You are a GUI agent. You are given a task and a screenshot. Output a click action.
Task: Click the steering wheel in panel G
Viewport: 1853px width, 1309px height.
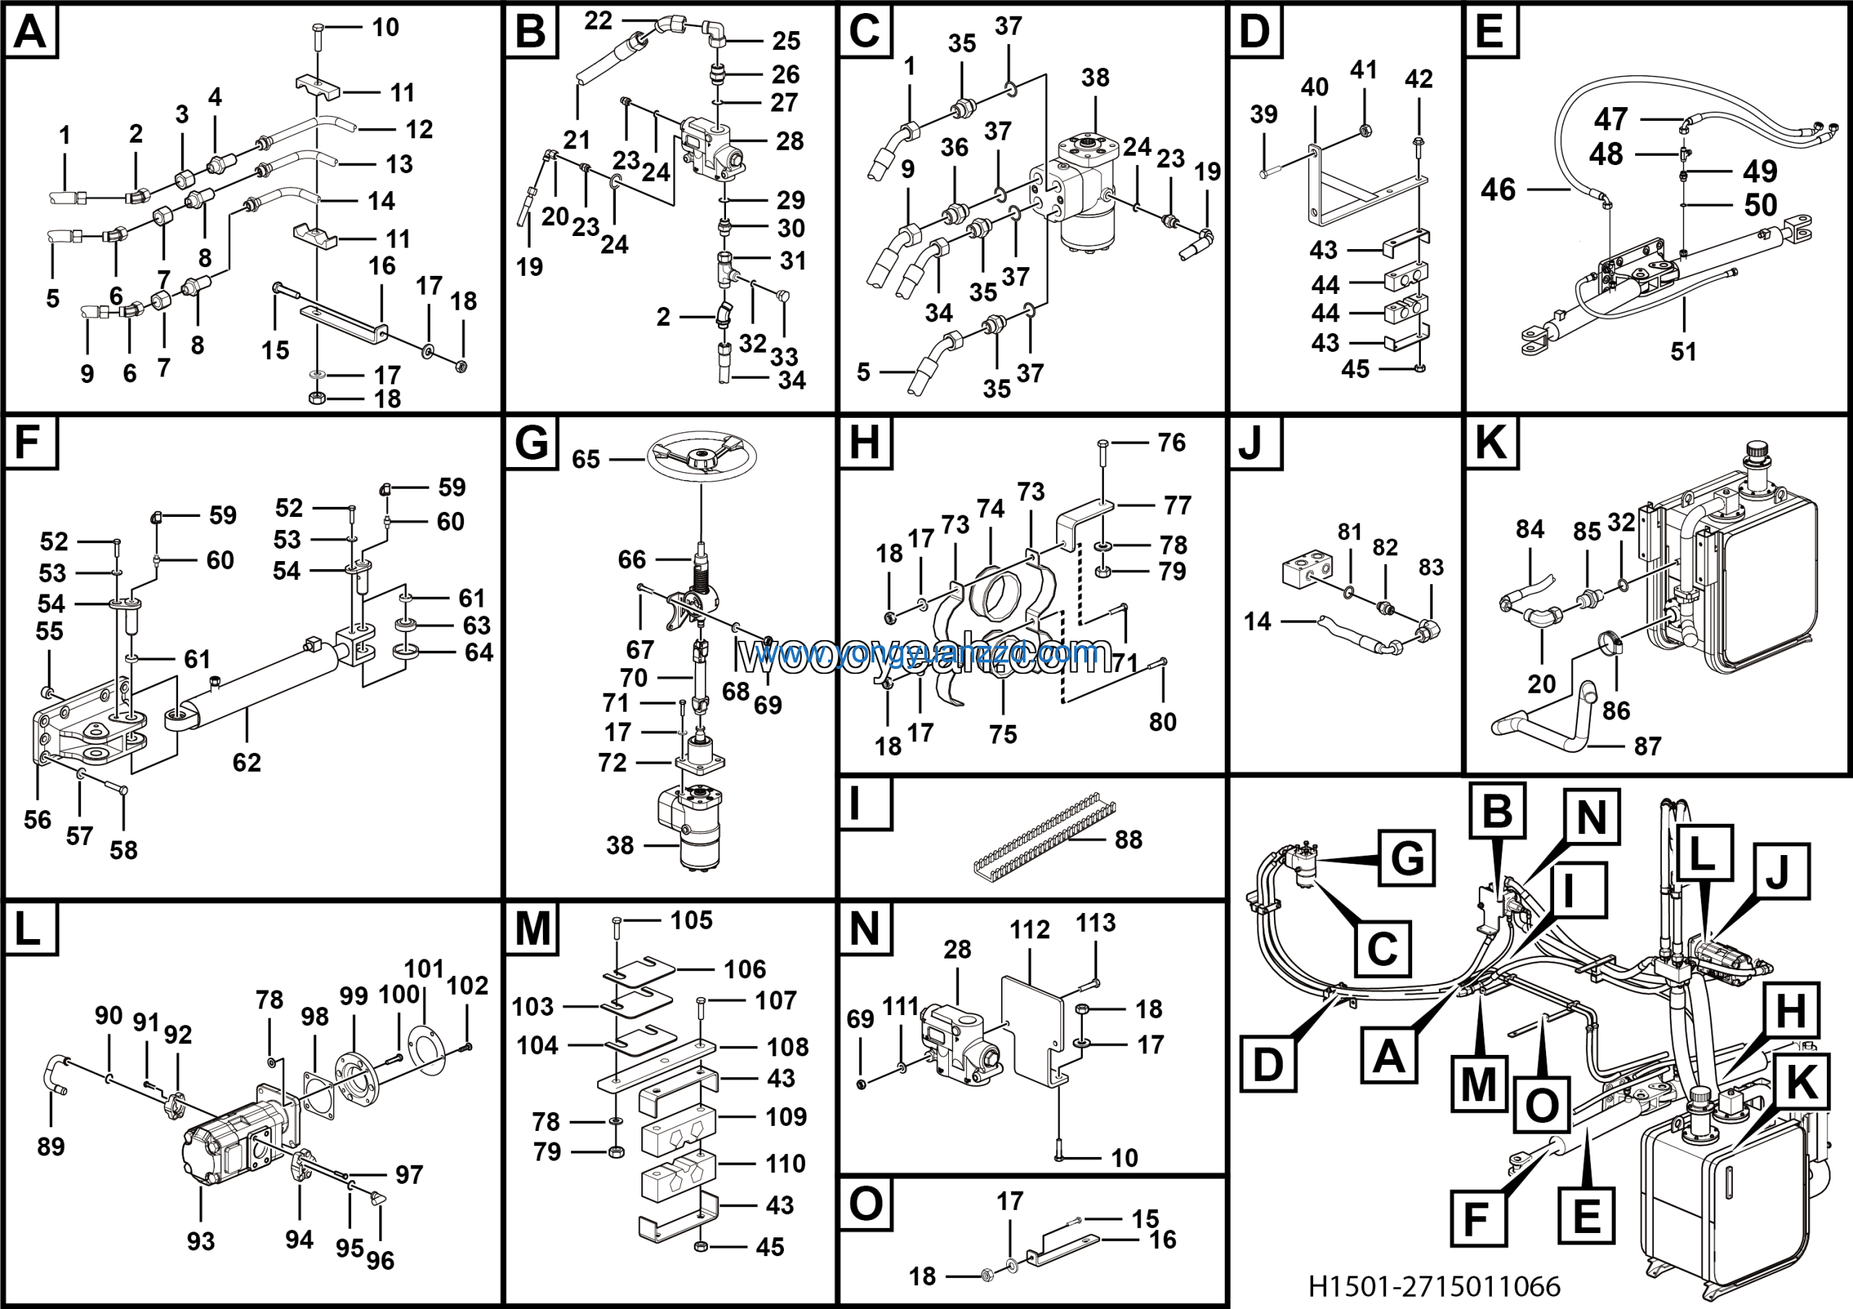701,458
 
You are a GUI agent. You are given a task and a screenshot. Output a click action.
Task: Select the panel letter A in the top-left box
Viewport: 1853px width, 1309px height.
30,33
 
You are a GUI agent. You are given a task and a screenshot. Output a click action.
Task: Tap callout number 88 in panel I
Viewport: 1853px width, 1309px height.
1128,840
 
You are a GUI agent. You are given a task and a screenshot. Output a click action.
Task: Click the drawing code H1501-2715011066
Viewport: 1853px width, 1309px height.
1434,1286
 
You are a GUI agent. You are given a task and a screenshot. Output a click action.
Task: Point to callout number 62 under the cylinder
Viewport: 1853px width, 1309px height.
246,762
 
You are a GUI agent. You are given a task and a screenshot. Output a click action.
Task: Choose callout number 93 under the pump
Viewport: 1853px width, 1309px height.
201,1241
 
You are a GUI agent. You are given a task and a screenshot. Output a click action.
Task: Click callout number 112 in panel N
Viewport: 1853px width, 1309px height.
1030,930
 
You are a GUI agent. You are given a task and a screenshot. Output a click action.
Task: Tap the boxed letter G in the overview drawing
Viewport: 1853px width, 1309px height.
1406,858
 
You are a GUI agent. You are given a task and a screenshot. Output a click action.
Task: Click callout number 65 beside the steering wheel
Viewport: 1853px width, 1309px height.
586,459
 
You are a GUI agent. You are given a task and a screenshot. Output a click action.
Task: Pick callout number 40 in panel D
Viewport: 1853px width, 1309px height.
1314,87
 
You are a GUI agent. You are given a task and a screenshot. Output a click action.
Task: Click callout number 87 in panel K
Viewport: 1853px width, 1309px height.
1647,746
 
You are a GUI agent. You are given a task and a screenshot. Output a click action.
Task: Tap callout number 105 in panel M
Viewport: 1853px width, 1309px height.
692,921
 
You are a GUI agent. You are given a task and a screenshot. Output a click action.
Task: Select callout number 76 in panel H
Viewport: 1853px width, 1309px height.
1172,442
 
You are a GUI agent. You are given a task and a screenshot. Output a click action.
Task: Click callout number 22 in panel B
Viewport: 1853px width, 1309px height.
598,21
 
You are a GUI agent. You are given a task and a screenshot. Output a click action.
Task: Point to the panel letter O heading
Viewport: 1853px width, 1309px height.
865,1205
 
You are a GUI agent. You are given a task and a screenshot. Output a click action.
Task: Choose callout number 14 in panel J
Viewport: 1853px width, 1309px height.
1257,621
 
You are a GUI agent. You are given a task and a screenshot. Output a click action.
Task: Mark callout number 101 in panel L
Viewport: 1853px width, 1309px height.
423,969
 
